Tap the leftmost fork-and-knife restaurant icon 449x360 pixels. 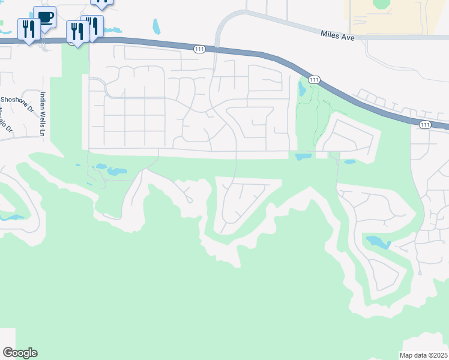tap(29, 28)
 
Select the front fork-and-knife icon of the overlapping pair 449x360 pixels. tap(77, 31)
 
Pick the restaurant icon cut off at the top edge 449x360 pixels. tap(102, 2)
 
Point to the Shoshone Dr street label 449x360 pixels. tap(16, 103)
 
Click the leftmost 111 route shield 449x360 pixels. tap(200, 49)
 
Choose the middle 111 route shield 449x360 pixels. tap(313, 79)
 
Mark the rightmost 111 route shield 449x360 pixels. tap(425, 124)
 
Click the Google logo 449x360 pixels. tap(20, 353)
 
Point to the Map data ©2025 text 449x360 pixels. tap(424, 355)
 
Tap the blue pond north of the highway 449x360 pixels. tap(157, 26)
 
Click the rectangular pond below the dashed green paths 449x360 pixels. tap(303, 157)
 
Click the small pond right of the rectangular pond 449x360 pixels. tap(349, 161)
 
